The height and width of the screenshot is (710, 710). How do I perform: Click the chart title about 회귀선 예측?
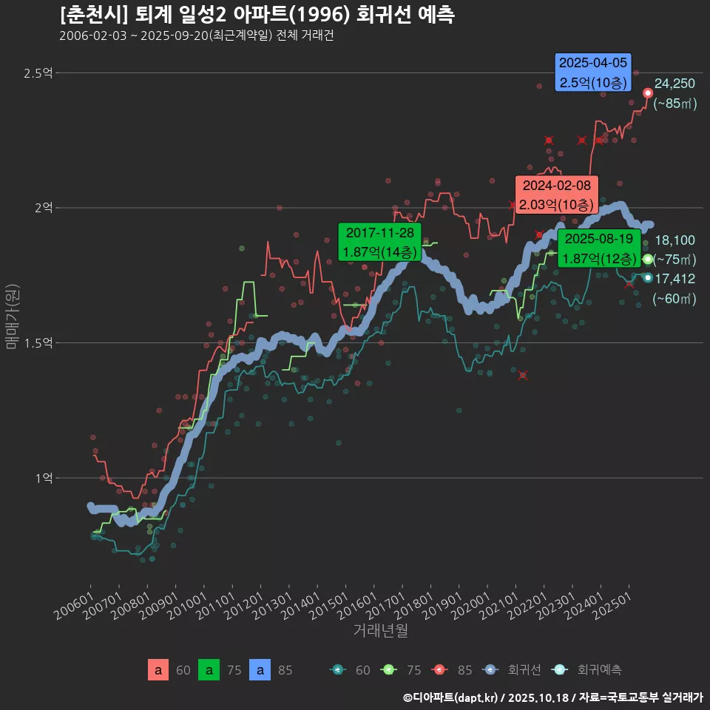(257, 15)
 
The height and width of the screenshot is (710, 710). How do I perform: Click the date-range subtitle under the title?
(196, 35)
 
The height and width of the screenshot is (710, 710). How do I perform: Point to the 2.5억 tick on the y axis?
(38, 73)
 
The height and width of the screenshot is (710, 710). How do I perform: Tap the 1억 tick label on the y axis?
(43, 479)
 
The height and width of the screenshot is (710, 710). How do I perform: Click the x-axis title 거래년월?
(380, 631)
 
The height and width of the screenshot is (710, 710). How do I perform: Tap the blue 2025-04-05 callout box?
(592, 72)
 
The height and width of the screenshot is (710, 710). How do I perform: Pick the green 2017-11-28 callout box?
(379, 242)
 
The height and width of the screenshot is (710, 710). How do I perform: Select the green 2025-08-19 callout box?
(598, 248)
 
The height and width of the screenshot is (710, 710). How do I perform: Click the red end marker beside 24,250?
(648, 93)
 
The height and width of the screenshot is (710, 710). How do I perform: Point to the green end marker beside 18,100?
(648, 260)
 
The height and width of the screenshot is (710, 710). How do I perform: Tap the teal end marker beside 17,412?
(648, 277)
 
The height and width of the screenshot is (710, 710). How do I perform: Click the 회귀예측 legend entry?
(589, 670)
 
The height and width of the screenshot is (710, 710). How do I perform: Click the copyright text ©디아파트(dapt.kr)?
(453, 697)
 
